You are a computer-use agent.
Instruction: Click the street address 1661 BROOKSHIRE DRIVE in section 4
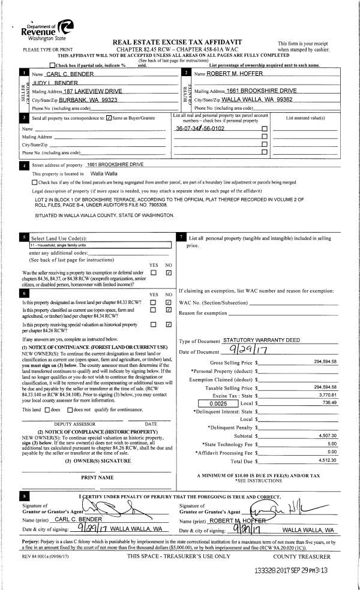[x=116, y=164]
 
